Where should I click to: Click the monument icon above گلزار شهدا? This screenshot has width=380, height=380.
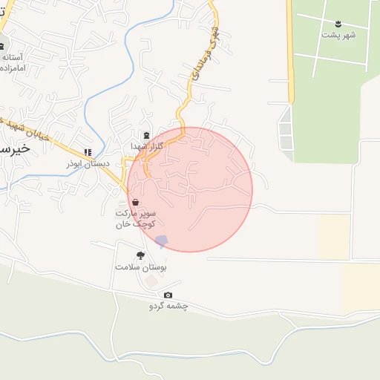(146, 136)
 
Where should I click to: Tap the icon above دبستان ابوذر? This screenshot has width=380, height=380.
(88, 152)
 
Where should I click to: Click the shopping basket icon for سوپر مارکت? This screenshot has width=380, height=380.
(134, 202)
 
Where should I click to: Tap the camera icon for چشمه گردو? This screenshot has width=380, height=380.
(168, 295)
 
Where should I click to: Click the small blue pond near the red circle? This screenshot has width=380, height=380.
(162, 240)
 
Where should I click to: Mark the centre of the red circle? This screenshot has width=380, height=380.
(190, 189)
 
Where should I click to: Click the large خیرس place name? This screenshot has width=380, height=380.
(15, 148)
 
